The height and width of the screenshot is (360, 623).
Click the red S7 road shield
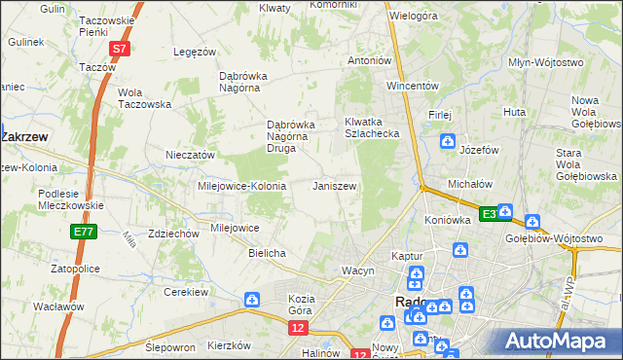click(x=118, y=48)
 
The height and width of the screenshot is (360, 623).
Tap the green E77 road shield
click(x=84, y=232)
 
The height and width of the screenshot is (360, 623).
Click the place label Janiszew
click(x=334, y=185)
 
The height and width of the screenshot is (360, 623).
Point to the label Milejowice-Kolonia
click(x=241, y=186)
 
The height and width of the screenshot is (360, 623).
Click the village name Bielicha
click(x=267, y=253)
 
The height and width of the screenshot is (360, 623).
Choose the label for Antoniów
click(x=370, y=60)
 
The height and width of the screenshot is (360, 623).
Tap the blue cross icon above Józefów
click(x=446, y=143)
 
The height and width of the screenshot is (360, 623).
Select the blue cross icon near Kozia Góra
click(x=252, y=300)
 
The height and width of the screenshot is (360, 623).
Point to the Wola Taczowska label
click(x=144, y=99)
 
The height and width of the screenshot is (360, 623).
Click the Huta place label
click(x=515, y=113)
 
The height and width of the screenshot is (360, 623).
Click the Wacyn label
click(x=357, y=270)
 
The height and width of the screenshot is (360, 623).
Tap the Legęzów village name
click(x=193, y=52)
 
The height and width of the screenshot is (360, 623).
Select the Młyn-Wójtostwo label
click(x=546, y=62)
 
